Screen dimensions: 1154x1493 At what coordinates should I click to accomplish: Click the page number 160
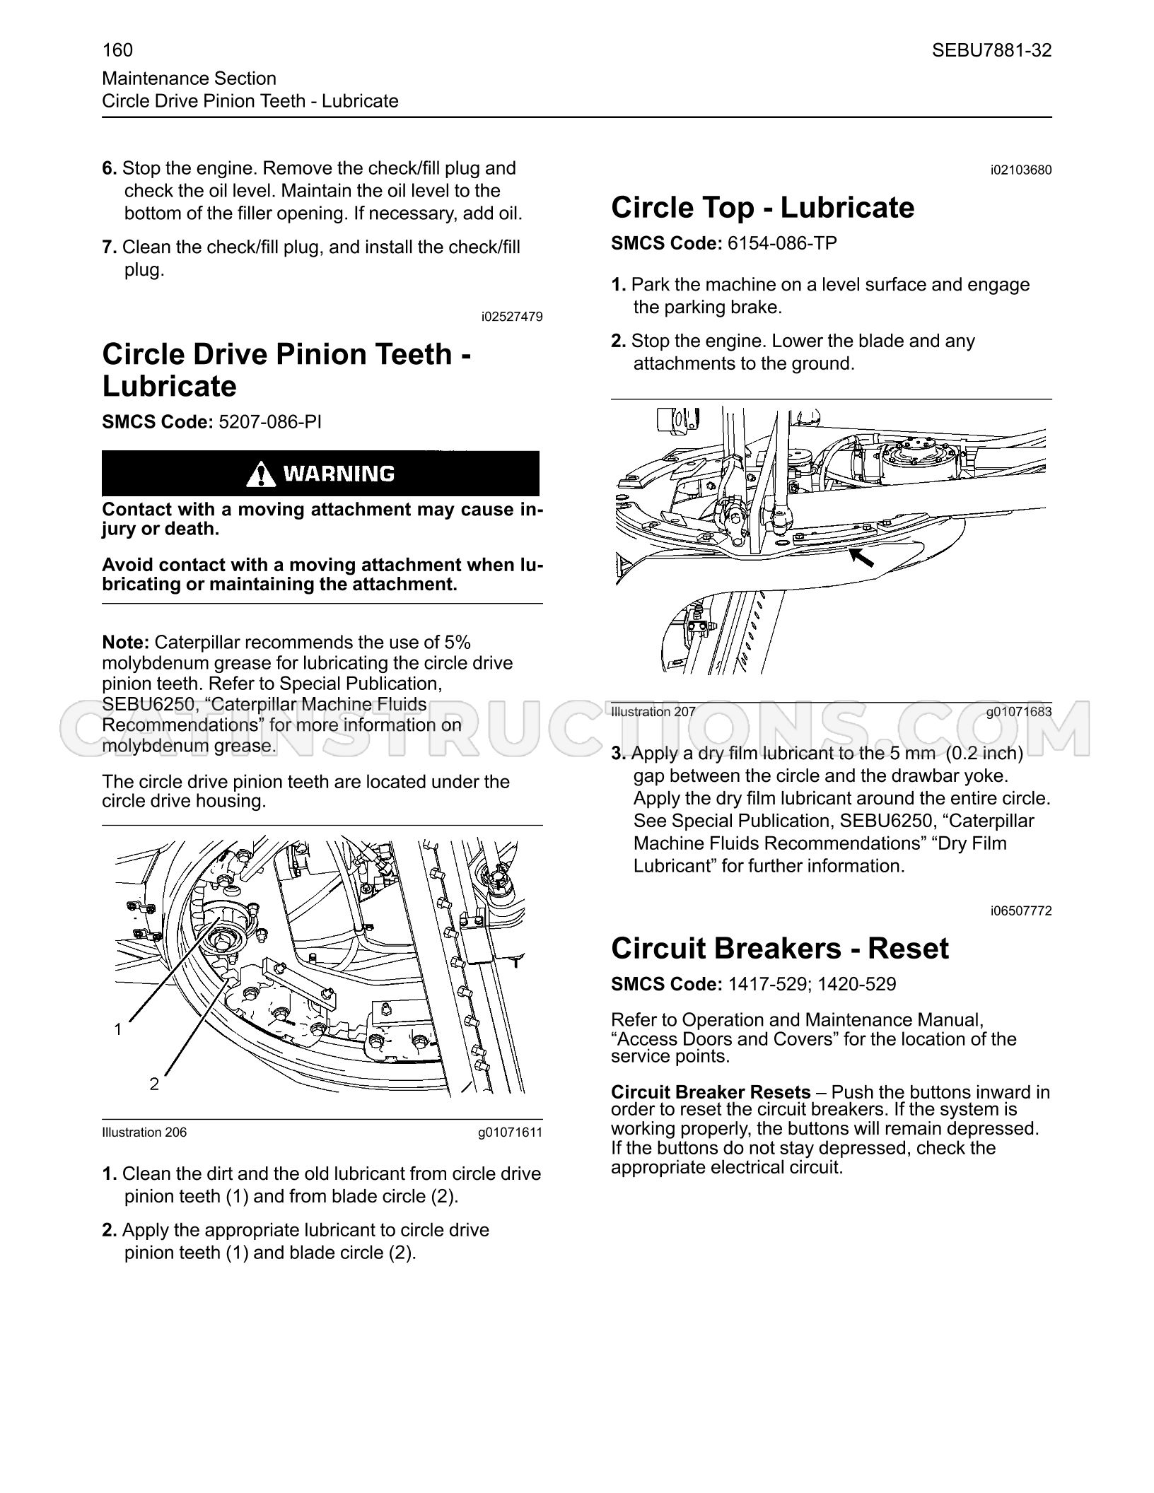tap(117, 50)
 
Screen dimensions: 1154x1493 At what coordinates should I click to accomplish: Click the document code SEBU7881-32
tap(991, 50)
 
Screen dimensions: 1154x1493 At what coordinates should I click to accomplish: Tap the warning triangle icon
tap(261, 474)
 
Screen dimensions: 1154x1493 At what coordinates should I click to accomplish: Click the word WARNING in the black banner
tap(339, 474)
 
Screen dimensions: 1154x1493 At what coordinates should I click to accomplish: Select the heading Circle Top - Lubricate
tap(762, 208)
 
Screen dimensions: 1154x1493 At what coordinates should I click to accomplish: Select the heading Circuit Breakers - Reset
tap(779, 949)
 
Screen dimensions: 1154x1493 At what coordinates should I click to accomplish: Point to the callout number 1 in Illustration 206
tap(118, 1030)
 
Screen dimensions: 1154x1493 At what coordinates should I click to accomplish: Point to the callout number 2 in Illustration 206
tap(154, 1084)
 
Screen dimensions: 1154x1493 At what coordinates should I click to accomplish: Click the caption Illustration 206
tap(144, 1132)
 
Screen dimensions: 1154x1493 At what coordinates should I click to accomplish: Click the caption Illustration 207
tap(653, 712)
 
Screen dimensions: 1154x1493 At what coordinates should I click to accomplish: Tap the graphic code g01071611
tap(510, 1132)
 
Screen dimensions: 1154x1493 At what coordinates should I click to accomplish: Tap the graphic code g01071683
tap(1019, 712)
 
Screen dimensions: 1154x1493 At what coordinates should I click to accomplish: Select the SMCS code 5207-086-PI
tap(270, 422)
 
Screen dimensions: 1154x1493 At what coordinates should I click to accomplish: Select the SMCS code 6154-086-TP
tap(782, 244)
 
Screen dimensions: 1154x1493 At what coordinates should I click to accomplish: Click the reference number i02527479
tap(512, 317)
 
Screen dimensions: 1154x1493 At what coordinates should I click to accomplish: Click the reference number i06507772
tap(1021, 911)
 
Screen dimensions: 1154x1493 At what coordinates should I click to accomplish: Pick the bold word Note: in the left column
tap(126, 643)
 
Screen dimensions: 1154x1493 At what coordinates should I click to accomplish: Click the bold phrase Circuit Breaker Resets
tap(711, 1092)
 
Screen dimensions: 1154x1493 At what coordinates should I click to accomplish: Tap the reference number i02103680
tap(1021, 170)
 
